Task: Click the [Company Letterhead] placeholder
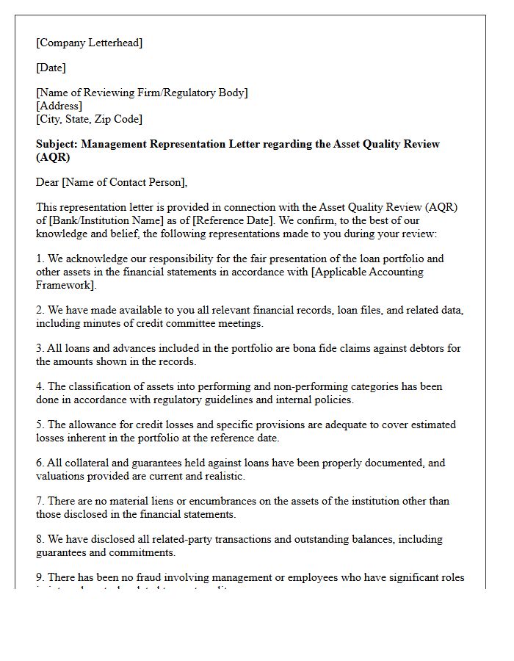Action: click(x=89, y=43)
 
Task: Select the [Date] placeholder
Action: click(x=51, y=68)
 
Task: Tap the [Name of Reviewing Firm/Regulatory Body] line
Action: click(x=142, y=93)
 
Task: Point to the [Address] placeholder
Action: click(x=59, y=106)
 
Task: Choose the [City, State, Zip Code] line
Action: click(x=89, y=119)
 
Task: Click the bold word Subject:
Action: click(x=57, y=144)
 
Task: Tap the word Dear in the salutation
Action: click(x=48, y=182)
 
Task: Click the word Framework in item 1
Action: click(x=64, y=285)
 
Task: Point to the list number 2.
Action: click(x=40, y=310)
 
